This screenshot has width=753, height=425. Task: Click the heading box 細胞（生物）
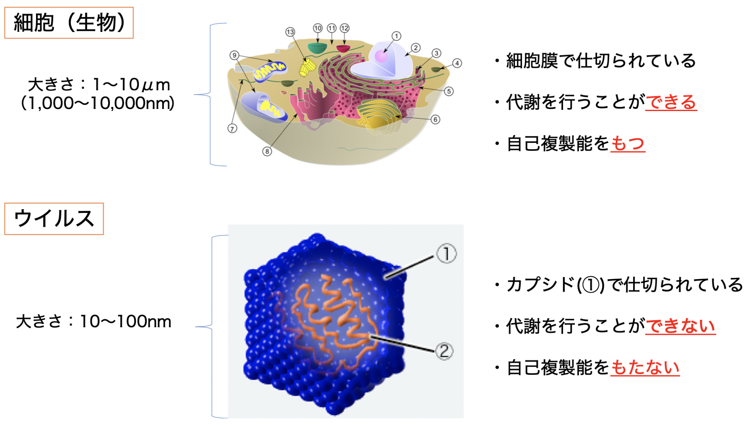69,23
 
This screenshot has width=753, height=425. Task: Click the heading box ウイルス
54,219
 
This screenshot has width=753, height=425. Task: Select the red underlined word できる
671,102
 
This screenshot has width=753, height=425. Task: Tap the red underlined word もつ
628,143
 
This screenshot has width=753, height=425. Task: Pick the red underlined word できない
680,326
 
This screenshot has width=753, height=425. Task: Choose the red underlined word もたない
645,368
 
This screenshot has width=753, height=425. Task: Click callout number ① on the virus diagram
447,254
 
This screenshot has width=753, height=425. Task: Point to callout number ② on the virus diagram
444,350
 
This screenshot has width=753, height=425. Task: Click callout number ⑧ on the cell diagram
267,151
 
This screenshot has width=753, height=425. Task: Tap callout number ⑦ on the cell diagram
232,128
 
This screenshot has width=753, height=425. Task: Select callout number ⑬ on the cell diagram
290,32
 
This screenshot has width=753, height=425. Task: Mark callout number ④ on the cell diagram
457,63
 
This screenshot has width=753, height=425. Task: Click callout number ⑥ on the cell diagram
436,119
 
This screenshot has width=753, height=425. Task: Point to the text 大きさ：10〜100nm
93,321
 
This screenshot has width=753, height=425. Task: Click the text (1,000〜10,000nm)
97,103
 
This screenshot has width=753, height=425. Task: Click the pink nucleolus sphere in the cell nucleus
381,56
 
